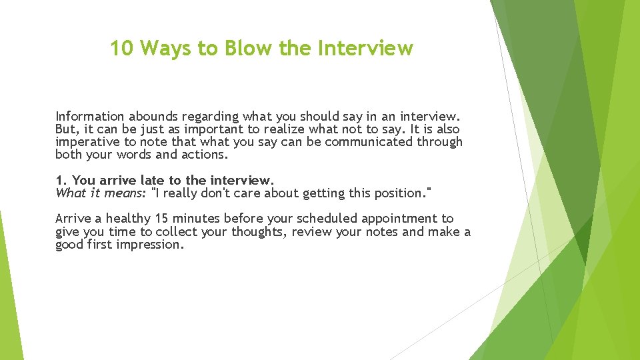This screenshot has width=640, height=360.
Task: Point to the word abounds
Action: (150, 117)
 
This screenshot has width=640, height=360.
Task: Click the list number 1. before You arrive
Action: (61, 181)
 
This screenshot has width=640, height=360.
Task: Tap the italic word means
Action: (126, 193)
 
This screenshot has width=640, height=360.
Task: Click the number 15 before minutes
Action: (162, 219)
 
